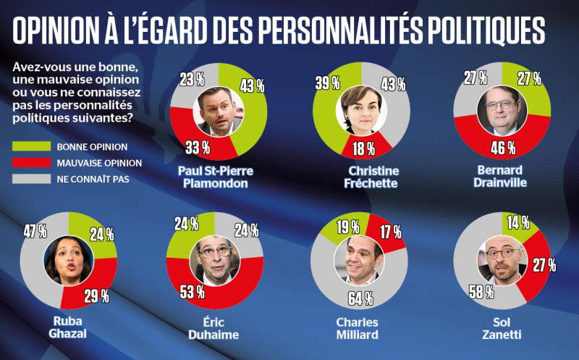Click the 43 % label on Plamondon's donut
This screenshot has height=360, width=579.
click(x=252, y=86)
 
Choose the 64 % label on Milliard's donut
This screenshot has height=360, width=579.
click(x=360, y=298)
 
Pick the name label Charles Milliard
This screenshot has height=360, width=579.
click(x=360, y=327)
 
